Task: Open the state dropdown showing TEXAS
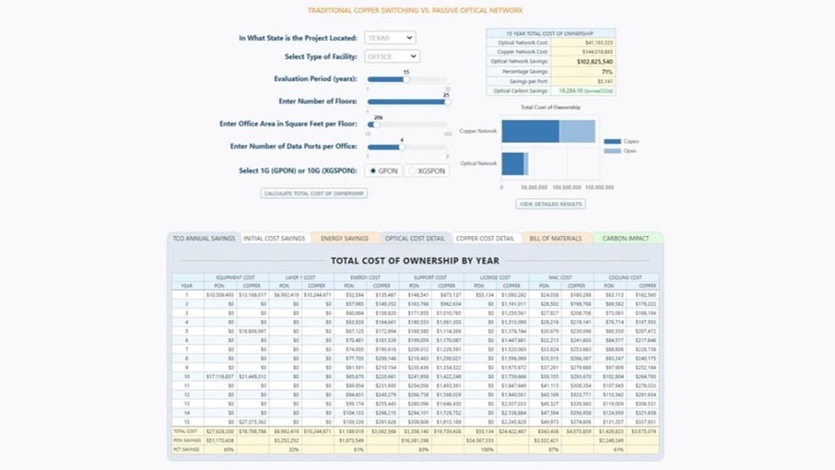389,38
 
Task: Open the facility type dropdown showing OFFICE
391,56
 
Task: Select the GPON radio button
374,171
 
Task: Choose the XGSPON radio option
413,171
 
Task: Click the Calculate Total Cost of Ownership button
314,193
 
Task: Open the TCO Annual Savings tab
204,239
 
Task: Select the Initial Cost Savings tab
274,239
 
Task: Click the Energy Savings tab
345,239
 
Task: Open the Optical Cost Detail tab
414,239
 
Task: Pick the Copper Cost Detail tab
485,239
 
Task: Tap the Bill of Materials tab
556,239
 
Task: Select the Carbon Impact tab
625,239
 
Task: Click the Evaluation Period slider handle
406,79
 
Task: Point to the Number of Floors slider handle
447,101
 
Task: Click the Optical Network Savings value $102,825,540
595,61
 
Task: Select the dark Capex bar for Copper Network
530,131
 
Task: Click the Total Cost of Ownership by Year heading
414,261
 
